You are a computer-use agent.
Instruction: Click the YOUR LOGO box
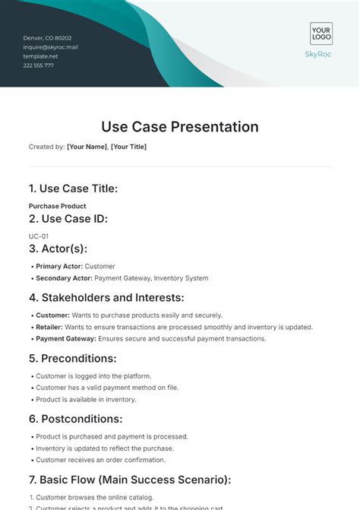click(321, 33)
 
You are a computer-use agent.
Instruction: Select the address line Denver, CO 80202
click(48, 38)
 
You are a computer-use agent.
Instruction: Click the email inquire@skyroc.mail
click(51, 47)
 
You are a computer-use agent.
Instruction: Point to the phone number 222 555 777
click(39, 65)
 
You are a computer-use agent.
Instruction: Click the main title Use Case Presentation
click(180, 127)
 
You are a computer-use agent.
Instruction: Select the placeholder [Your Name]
click(87, 147)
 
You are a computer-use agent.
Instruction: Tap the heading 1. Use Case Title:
click(73, 188)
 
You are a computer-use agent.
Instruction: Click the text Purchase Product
click(57, 206)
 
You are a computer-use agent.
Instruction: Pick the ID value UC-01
click(39, 236)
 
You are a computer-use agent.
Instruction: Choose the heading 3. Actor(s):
click(58, 249)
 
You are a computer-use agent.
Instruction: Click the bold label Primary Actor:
click(59, 267)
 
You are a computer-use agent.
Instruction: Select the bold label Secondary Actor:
click(64, 278)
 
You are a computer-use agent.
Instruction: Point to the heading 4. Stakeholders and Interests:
click(106, 298)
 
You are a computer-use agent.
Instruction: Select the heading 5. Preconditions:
click(73, 358)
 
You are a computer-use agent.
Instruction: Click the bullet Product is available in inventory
click(86, 399)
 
